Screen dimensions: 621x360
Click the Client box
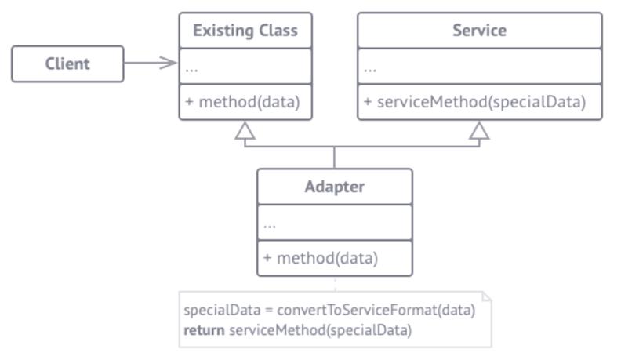(67, 64)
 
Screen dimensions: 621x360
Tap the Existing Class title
(245, 31)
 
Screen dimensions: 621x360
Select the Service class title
(479, 31)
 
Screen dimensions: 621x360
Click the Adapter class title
(335, 187)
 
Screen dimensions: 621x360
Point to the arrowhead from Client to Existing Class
(169, 63)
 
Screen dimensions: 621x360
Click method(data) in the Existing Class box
(249, 102)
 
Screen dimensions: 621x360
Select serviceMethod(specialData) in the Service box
(481, 102)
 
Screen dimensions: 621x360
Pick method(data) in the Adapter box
(327, 258)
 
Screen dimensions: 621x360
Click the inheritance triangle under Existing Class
(245, 131)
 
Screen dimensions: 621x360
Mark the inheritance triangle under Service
(479, 131)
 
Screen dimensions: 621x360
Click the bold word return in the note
(204, 330)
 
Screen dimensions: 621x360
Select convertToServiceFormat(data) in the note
(376, 310)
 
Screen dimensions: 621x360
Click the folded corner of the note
(487, 296)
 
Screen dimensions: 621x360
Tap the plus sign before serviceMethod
(368, 102)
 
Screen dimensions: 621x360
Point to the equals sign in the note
(269, 310)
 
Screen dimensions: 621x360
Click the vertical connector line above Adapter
(334, 158)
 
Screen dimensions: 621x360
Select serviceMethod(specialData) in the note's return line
(321, 330)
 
